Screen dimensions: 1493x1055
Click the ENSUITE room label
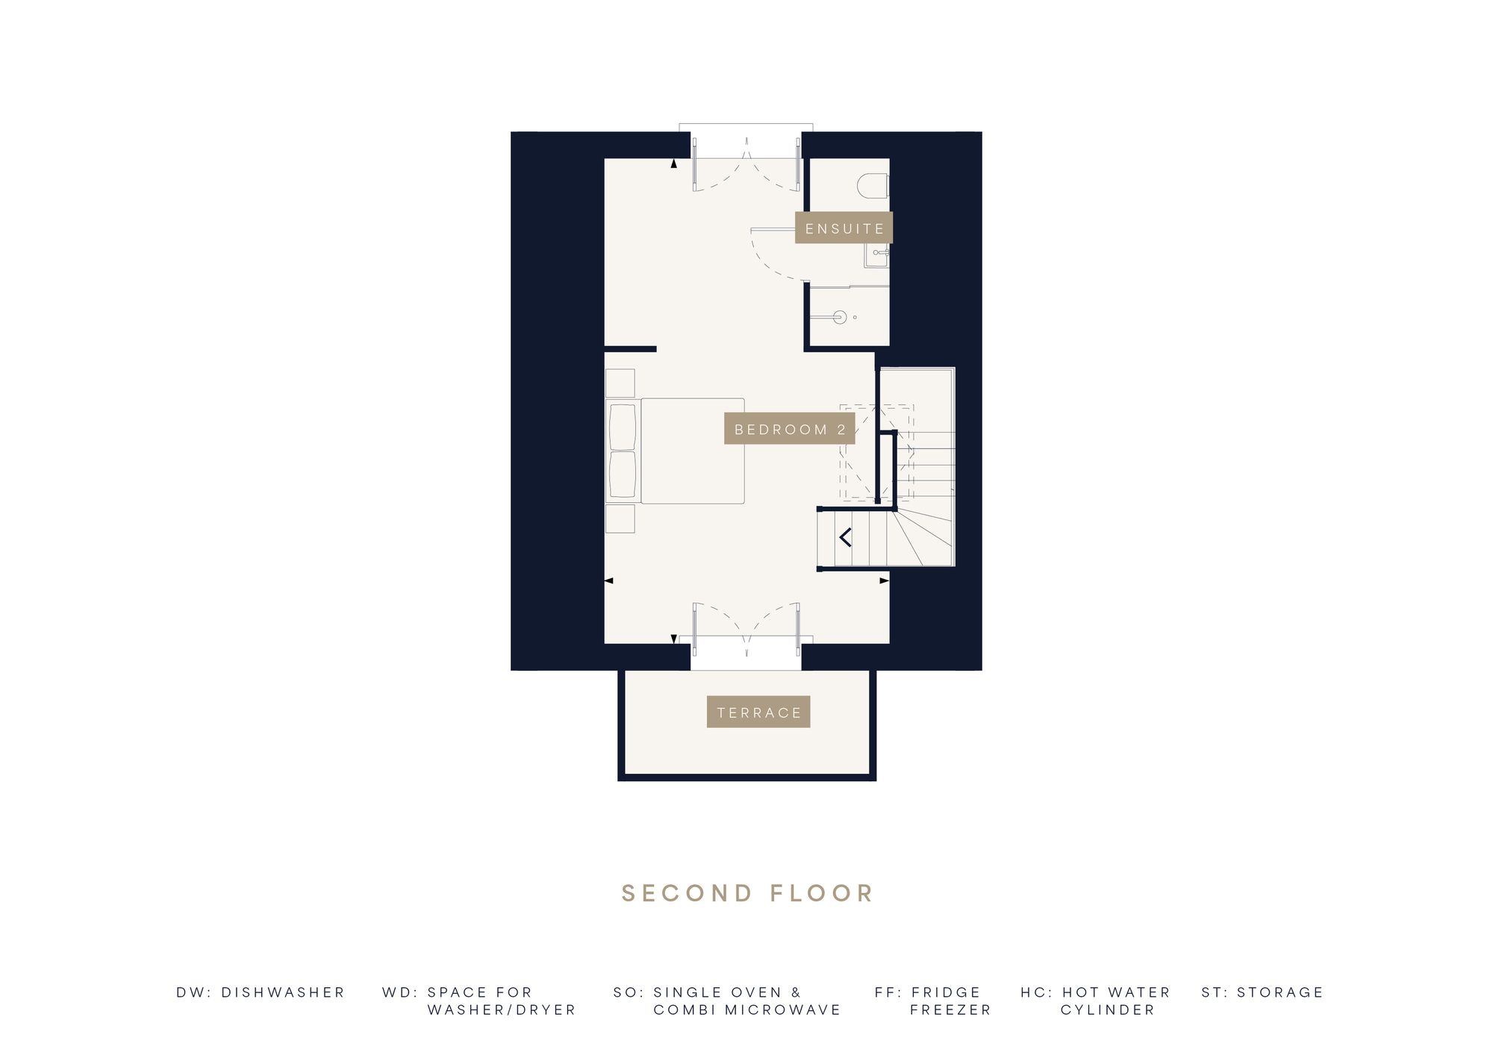point(844,228)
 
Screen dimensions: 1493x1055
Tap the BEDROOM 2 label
point(790,429)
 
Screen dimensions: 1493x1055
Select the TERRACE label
point(758,712)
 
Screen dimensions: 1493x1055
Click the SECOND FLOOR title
point(747,893)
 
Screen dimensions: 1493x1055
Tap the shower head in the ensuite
point(839,317)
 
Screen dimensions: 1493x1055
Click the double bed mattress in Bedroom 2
point(692,451)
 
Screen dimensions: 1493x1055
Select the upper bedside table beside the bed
point(620,384)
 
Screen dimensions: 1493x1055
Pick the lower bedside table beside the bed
point(620,519)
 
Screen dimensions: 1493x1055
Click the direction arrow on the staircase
point(846,536)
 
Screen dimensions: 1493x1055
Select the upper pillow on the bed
point(623,427)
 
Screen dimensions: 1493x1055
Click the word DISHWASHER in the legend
point(283,992)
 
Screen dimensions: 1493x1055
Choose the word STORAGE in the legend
point(1280,992)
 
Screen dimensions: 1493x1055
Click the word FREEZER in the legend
point(950,1009)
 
